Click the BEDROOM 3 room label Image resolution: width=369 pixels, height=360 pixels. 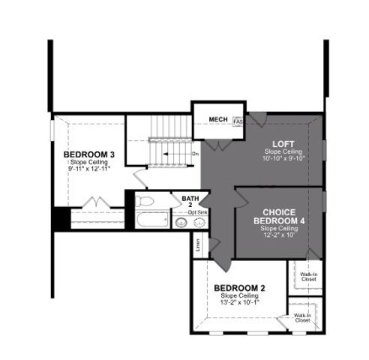88,154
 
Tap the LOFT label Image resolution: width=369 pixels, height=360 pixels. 281,143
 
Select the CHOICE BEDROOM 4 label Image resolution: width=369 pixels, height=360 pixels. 279,216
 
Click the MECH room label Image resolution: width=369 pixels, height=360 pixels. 217,119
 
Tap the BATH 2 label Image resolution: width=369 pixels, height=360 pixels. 190,201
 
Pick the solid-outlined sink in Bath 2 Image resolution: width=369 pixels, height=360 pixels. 182,223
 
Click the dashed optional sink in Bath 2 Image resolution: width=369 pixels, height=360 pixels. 200,223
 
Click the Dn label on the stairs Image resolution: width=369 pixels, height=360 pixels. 195,154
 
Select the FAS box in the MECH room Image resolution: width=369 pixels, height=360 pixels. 237,121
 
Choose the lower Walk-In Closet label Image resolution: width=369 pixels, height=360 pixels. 302,318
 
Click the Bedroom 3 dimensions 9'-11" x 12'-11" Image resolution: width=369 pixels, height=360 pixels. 88,169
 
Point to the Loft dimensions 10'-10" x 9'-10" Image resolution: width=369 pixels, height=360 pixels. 281,157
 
